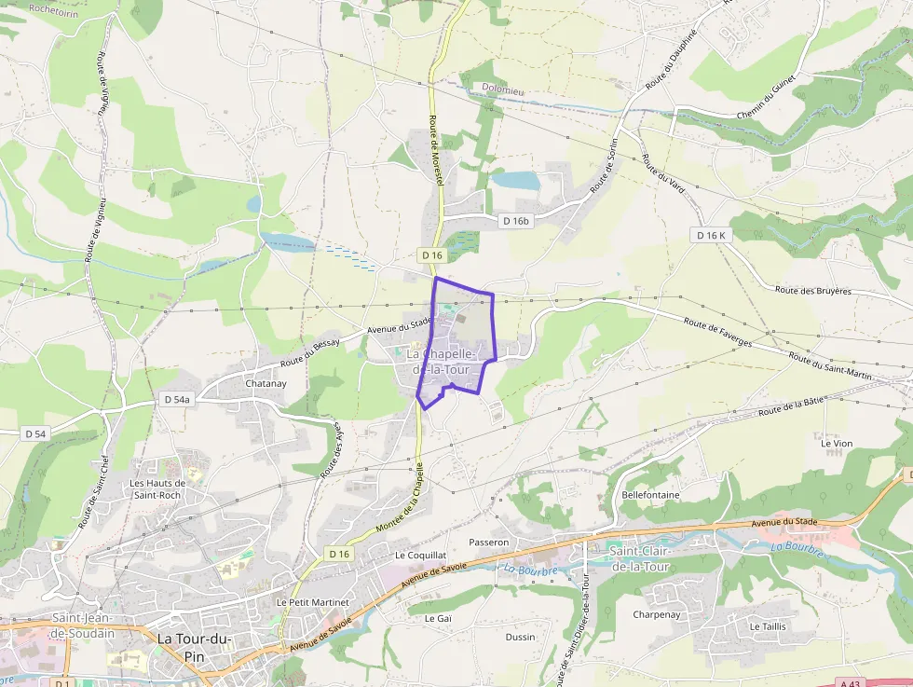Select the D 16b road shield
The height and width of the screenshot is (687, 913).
click(x=515, y=221)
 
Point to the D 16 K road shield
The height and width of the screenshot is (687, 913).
click(x=711, y=236)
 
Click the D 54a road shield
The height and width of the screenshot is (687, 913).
click(x=176, y=400)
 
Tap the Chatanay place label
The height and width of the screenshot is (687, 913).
click(x=266, y=383)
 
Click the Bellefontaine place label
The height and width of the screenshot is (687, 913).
click(x=650, y=495)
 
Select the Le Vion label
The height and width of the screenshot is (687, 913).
click(x=836, y=444)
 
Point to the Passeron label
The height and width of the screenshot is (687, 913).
click(x=489, y=542)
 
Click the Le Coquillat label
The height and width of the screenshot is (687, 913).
click(x=415, y=555)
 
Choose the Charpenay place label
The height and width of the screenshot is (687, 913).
click(x=656, y=615)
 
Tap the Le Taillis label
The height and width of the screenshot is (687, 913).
click(x=767, y=626)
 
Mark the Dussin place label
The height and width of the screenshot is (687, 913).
click(x=520, y=638)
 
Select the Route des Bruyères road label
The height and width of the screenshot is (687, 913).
click(x=812, y=291)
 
